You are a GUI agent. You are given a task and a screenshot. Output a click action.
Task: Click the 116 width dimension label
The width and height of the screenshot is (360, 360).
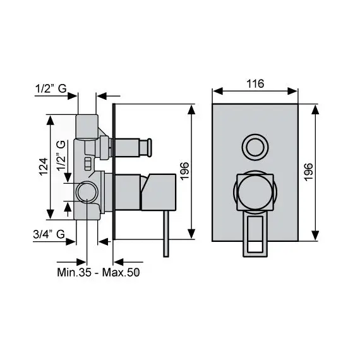(x=255, y=83)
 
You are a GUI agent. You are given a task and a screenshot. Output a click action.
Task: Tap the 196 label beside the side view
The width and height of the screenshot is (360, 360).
(x=184, y=172)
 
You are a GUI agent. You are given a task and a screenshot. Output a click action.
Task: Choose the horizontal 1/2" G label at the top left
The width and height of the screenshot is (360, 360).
(x=51, y=89)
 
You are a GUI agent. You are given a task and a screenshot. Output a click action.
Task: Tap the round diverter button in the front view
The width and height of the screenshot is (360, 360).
(x=255, y=147)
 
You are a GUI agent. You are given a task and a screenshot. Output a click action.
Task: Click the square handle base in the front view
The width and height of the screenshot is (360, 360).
(x=255, y=192)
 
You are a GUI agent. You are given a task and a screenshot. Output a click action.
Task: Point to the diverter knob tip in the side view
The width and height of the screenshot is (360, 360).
(x=149, y=148)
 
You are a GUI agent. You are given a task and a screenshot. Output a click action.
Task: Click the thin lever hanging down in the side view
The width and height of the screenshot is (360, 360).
(x=165, y=234)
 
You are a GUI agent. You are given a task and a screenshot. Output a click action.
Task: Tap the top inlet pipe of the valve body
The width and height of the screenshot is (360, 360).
(x=86, y=124)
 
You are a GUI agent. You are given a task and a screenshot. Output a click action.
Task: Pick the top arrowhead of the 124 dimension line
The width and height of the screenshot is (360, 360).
(x=50, y=118)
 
